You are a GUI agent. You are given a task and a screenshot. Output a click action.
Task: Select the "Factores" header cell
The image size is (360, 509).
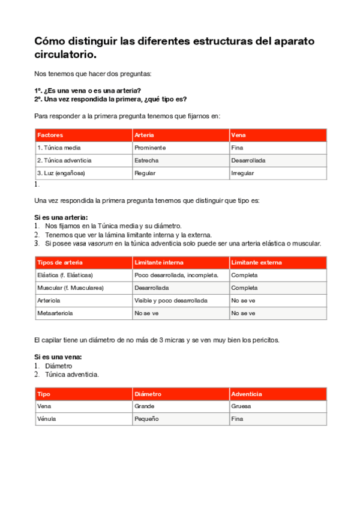[50, 135]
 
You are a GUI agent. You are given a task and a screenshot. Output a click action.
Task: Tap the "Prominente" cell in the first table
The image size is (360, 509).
[150, 148]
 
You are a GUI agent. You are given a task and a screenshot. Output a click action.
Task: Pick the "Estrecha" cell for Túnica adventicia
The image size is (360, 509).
[147, 160]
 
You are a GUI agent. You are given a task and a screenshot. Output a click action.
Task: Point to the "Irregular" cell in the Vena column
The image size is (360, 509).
[242, 173]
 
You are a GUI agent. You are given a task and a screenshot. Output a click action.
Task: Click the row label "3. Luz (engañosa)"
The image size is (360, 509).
[61, 173]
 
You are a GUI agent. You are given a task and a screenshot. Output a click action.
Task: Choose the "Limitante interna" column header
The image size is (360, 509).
[159, 262]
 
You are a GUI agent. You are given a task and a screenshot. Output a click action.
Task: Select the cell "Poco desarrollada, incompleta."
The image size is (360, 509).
[172, 275]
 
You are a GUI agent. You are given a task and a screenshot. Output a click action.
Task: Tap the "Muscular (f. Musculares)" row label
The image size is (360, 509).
[70, 288]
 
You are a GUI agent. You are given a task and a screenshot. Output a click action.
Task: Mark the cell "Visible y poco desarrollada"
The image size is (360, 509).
[171, 300]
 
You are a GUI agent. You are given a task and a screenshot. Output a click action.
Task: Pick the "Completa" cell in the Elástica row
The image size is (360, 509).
[244, 275]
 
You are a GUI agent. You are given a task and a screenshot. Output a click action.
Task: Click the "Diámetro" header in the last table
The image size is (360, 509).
[148, 394]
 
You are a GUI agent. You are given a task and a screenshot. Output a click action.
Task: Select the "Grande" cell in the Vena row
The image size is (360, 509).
[145, 406]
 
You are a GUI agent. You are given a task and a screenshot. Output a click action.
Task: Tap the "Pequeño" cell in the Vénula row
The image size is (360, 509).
[146, 419]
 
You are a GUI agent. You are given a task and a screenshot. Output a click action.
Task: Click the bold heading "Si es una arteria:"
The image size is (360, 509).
[61, 217]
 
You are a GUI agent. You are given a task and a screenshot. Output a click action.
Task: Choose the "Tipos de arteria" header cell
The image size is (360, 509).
[60, 262]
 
